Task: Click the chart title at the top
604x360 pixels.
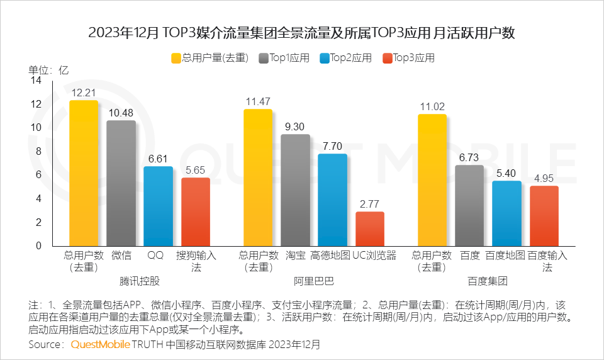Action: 302,33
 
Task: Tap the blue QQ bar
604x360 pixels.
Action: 158,206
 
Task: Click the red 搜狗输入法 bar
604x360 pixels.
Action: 196,211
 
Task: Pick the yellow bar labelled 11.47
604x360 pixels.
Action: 258,177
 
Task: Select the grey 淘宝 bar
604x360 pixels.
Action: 295,189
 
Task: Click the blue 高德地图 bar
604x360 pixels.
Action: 332,200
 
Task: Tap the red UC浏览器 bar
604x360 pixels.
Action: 370,228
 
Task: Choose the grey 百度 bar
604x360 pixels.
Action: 469,205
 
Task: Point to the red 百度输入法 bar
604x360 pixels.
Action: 544,215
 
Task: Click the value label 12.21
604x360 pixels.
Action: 84,93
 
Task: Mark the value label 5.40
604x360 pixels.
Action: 506,172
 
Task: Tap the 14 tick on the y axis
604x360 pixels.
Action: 36,81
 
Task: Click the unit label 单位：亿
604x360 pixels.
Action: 48,70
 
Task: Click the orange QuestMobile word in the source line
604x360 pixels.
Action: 101,345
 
